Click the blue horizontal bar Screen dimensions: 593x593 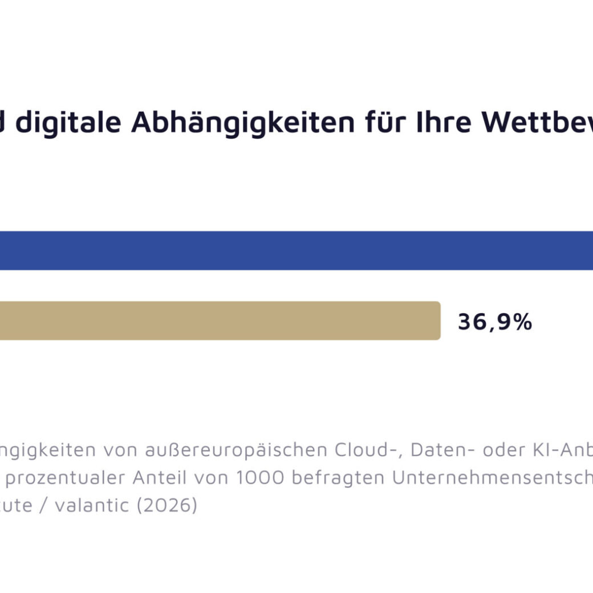coord(296,250)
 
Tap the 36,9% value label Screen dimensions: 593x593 coord(494,322)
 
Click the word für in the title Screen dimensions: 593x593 coord(386,123)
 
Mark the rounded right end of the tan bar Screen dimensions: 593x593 coord(437,320)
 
